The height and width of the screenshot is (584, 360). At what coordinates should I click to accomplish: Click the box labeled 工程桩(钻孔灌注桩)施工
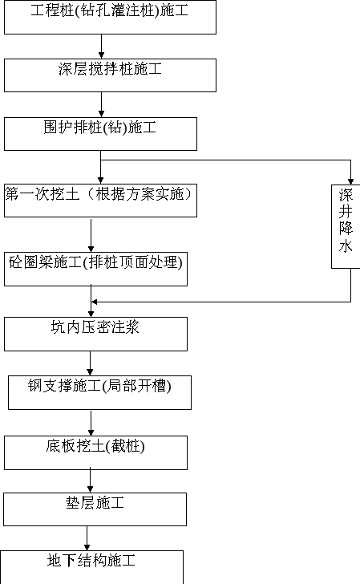(110, 17)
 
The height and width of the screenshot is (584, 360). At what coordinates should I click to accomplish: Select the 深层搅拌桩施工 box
(110, 75)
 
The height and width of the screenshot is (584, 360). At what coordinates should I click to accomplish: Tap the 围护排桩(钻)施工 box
(100, 134)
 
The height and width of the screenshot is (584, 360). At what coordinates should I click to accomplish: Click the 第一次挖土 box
(100, 201)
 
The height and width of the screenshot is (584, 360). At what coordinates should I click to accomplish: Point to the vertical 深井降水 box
(346, 226)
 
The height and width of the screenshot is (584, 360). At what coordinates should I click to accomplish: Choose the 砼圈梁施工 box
(95, 270)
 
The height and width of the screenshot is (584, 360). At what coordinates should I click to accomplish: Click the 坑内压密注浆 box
(95, 334)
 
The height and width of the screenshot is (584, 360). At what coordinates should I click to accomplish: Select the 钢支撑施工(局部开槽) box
(99, 392)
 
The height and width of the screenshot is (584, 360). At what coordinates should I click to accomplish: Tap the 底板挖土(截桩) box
(95, 453)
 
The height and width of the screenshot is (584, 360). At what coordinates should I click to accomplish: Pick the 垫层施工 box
(95, 509)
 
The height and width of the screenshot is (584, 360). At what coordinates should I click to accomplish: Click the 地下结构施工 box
(91, 567)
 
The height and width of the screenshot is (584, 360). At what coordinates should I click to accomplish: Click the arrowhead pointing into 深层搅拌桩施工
(101, 55)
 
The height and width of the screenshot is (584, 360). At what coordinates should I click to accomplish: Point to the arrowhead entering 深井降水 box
(350, 181)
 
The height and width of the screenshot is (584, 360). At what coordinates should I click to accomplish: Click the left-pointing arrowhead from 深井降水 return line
(94, 302)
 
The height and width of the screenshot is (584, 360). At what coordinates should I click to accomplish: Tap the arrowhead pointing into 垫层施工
(90, 489)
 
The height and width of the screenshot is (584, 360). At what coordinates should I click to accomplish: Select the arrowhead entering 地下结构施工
(87, 547)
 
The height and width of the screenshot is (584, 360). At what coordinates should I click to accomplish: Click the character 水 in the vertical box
(346, 246)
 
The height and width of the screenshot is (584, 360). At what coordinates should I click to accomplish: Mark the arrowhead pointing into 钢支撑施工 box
(90, 372)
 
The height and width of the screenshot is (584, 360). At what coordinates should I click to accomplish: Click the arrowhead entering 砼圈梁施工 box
(91, 249)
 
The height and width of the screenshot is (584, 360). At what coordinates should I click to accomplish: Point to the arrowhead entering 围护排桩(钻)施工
(101, 114)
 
